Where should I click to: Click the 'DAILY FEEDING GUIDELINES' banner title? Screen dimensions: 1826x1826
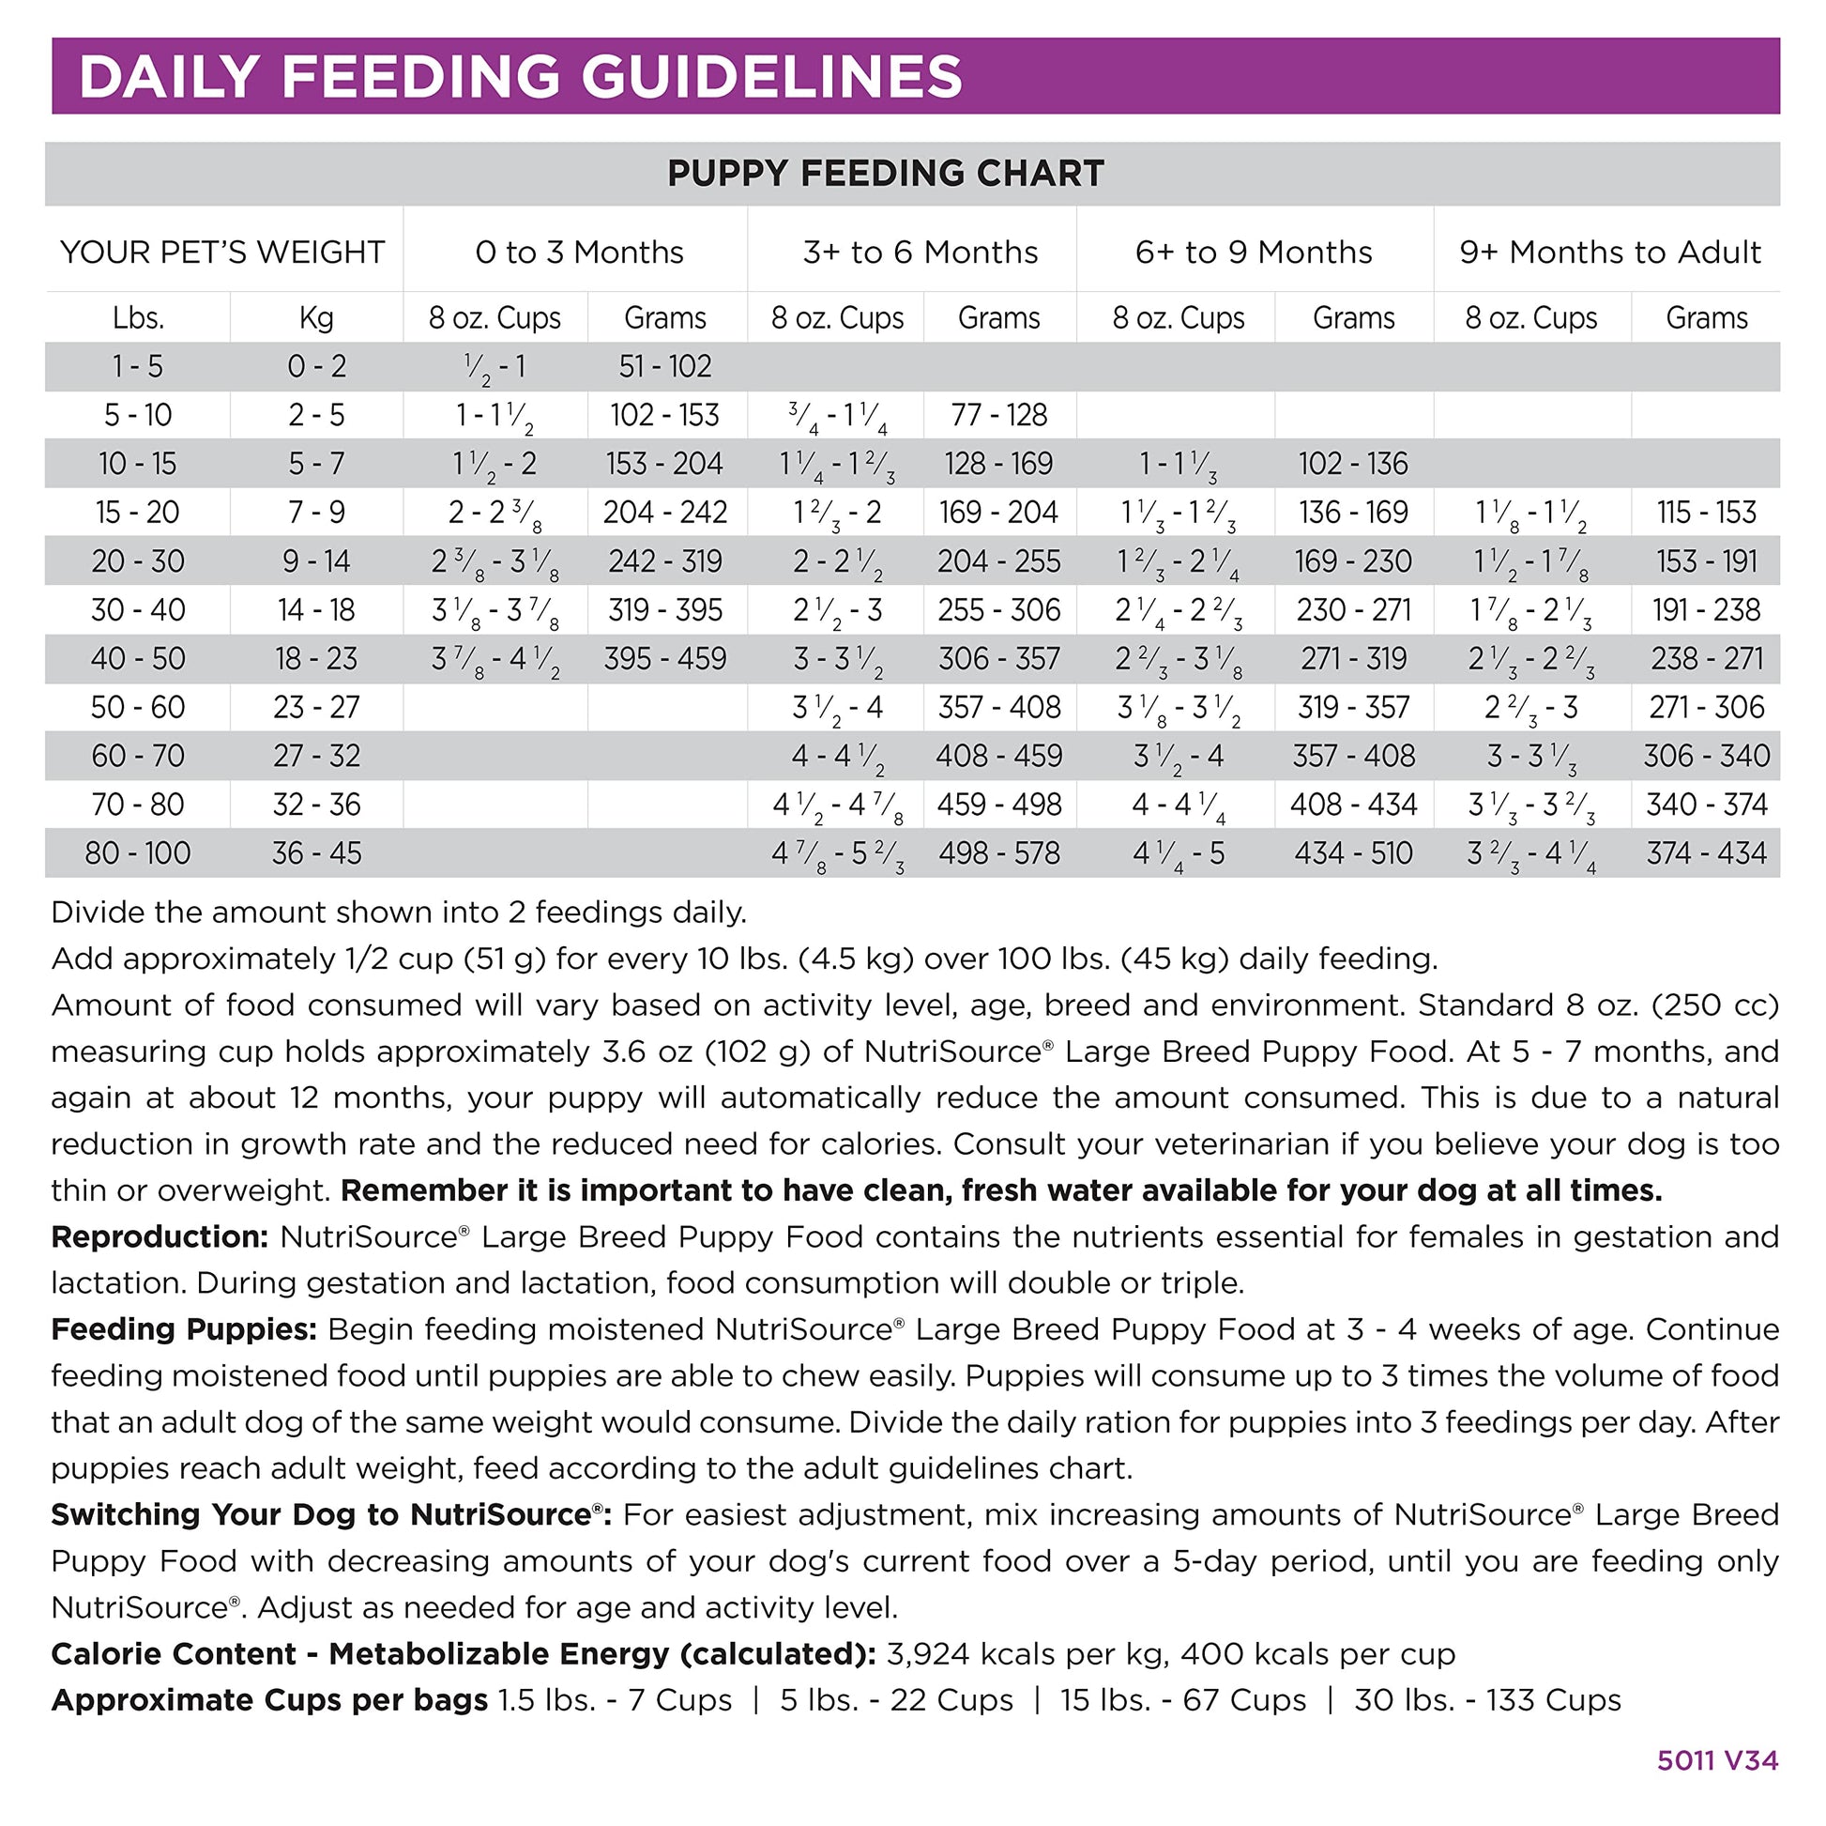[521, 77]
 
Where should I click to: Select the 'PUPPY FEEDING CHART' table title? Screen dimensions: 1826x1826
[886, 174]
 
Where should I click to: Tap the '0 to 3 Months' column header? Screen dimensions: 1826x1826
[579, 253]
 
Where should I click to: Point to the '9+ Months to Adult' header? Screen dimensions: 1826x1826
[1609, 253]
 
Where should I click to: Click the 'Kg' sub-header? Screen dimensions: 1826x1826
[315, 317]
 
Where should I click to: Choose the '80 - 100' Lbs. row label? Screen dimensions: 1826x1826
[138, 854]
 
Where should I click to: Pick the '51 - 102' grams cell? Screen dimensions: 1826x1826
[664, 367]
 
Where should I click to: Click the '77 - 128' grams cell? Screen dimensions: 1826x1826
[999, 415]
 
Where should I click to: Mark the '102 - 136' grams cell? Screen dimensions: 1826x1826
[1352, 465]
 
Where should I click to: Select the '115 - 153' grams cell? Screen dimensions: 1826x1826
[1706, 513]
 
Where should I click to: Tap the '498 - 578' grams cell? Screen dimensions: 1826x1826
[999, 854]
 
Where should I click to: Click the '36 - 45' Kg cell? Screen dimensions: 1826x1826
[315, 854]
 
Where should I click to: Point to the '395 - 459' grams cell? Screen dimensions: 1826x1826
[664, 659]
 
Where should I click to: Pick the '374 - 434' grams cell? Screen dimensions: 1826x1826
[1706, 854]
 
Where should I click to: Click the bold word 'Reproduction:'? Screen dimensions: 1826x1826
[160, 1236]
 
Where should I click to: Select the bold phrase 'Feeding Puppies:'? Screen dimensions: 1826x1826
[183, 1329]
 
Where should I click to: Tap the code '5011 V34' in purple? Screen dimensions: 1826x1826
[1717, 1760]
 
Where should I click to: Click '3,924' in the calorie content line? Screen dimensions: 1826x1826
[926, 1654]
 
